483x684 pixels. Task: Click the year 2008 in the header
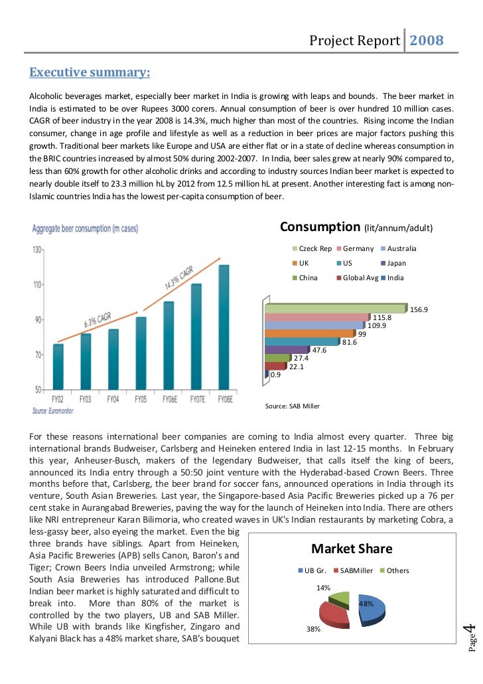(426, 42)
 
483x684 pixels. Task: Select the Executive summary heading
(88, 72)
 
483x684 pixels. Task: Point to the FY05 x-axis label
(140, 399)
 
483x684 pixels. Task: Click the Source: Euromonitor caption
(54, 412)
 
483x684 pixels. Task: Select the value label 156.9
(419, 309)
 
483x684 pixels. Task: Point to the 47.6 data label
(319, 349)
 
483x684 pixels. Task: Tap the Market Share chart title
(352, 549)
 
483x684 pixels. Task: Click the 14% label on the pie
(323, 588)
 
